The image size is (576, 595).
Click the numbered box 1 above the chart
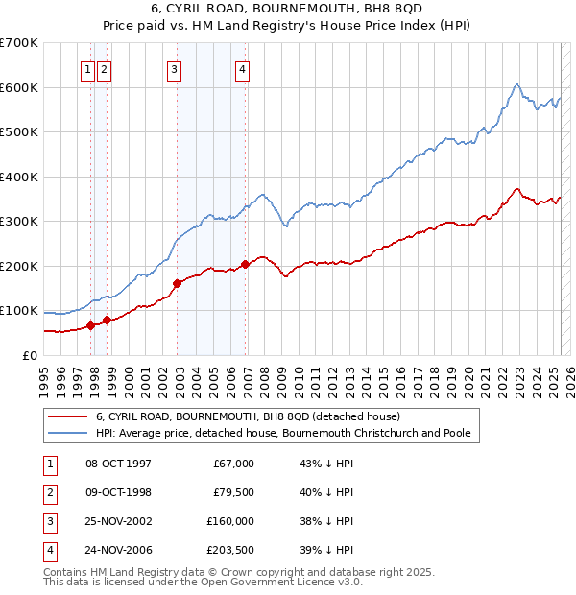(x=87, y=68)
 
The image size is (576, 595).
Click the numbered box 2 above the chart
(x=104, y=68)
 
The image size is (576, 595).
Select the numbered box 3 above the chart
(x=174, y=68)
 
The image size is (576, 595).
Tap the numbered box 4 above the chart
(x=243, y=68)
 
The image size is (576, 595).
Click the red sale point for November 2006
(x=245, y=264)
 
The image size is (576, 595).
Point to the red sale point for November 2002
(x=178, y=283)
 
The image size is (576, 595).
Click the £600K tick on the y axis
(x=19, y=87)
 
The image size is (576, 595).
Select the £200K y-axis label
(x=19, y=266)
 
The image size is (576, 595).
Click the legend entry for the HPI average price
(x=283, y=433)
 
